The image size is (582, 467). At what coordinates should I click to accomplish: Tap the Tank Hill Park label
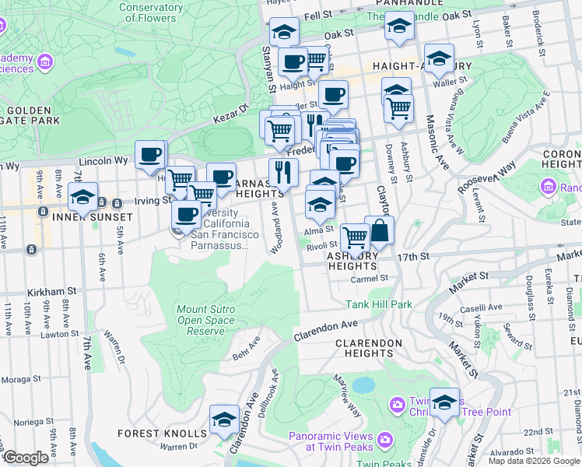[x=379, y=304]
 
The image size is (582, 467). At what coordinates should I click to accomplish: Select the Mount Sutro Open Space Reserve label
[x=206, y=320]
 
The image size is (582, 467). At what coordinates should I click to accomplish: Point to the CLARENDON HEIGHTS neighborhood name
[x=369, y=348]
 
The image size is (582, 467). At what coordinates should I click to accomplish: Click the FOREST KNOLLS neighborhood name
[x=162, y=434]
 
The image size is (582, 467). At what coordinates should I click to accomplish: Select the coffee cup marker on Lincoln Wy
[x=150, y=153]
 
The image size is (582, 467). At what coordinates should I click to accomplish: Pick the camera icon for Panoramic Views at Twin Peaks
[x=385, y=441]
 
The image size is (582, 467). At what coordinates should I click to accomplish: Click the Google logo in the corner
[x=26, y=458]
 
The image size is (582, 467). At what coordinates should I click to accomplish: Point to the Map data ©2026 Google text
[x=534, y=460]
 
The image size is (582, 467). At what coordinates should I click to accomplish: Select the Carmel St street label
[x=368, y=278]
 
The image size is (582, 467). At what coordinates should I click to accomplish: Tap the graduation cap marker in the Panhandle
[x=399, y=26]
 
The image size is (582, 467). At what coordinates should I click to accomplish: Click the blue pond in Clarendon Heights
[x=363, y=384]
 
